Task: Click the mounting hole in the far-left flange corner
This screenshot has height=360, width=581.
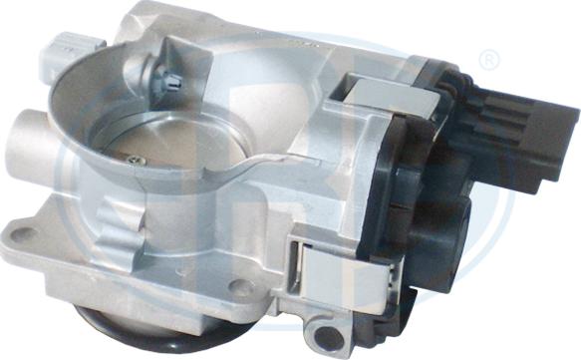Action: (23, 236)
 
